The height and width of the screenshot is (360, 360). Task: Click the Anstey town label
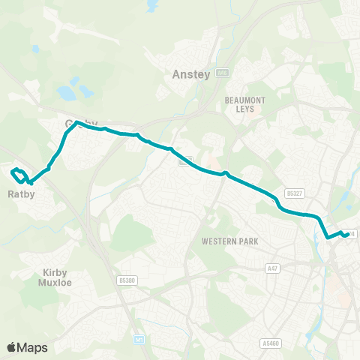point(186,74)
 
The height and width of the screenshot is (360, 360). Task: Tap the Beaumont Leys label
point(240,103)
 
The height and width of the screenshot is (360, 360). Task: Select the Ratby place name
point(22,193)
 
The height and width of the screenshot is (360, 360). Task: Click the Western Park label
point(229,241)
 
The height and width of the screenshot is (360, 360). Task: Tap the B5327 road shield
point(295,193)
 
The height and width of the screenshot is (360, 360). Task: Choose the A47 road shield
point(272,266)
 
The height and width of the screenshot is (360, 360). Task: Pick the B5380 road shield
point(127,280)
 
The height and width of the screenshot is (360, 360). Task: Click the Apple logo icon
point(11,347)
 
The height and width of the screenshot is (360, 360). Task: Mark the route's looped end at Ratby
point(18,174)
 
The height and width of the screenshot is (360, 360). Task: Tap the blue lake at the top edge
point(153,6)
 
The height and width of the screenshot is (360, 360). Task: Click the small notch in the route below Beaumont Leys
point(224,175)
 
